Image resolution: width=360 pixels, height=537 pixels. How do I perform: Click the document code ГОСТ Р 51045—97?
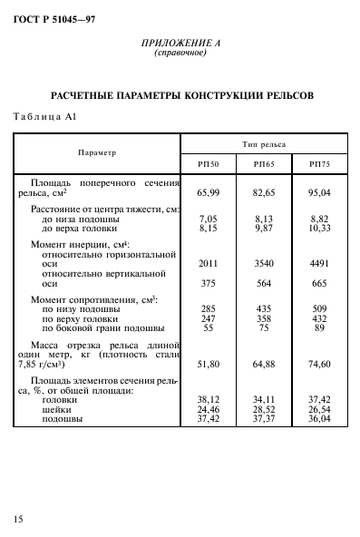pyautogui.click(x=54, y=17)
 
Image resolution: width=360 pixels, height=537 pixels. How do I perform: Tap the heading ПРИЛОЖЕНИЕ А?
pyautogui.click(x=180, y=43)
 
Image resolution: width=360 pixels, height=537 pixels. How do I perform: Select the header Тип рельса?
pyautogui.click(x=263, y=143)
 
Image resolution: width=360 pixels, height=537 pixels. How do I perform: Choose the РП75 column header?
pyautogui.click(x=320, y=163)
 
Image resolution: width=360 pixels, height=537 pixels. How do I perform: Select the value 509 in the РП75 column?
pyautogui.click(x=320, y=309)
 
